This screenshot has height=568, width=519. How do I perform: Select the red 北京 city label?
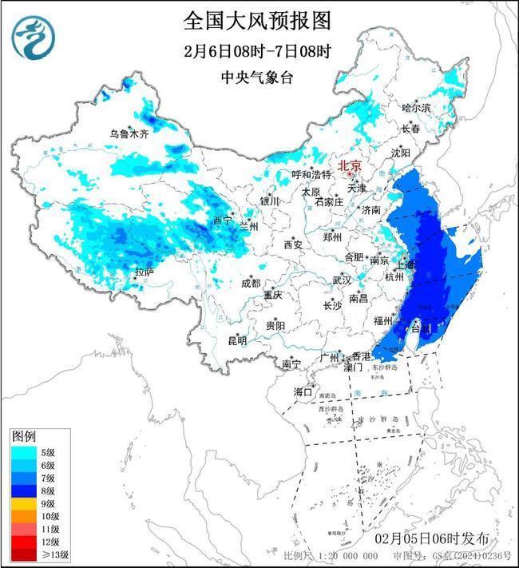click(x=350, y=165)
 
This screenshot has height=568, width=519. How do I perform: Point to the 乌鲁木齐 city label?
click(x=129, y=133)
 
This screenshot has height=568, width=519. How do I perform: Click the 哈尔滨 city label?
click(x=416, y=107)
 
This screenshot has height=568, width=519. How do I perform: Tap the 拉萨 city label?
click(x=143, y=272)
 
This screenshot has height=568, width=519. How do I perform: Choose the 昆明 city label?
click(x=237, y=340)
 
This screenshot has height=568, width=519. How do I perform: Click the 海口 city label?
click(x=303, y=391)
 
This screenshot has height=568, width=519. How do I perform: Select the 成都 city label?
click(x=250, y=283)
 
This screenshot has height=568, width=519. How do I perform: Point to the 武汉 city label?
click(x=342, y=280)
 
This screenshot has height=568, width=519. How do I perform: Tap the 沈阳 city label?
click(x=400, y=152)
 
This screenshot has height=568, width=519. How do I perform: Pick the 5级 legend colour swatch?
click(x=24, y=452)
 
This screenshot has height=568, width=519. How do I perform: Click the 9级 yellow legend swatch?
click(x=24, y=503)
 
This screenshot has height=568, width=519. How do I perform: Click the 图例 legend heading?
click(x=22, y=437)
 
